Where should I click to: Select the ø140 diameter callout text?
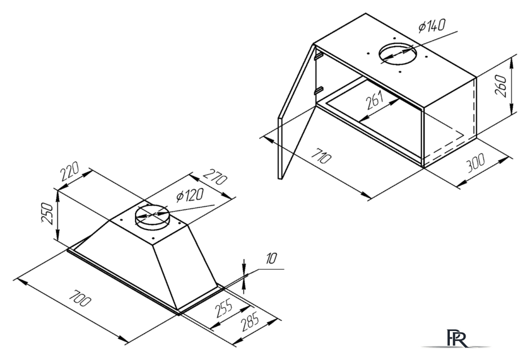click(x=432, y=25)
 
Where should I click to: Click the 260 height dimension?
click(x=500, y=86)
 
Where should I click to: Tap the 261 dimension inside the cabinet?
click(x=375, y=100)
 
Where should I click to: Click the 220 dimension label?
click(x=70, y=171)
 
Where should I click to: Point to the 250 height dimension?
click(x=47, y=213)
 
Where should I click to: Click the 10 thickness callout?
click(x=271, y=258)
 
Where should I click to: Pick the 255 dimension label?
click(x=224, y=307)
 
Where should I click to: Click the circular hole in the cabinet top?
click(x=398, y=54)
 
